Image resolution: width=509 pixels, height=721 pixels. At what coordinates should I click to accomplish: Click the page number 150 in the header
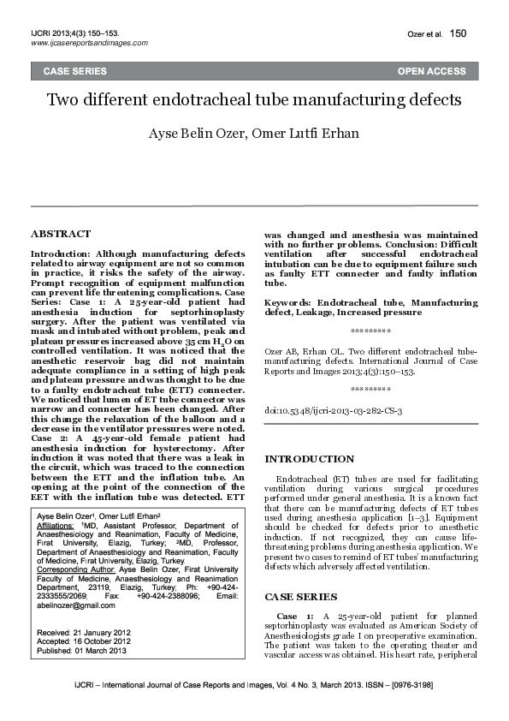tap(459, 33)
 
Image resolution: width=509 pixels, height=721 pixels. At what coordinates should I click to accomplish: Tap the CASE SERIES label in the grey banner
tap(75, 71)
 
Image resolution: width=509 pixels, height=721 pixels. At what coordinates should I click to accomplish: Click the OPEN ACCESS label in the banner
tap(431, 71)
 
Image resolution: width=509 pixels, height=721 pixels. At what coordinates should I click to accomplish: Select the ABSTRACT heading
tap(61, 234)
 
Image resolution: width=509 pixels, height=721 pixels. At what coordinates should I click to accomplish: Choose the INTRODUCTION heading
tap(309, 459)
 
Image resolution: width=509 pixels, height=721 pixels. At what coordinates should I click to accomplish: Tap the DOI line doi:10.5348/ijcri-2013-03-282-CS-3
tap(333, 411)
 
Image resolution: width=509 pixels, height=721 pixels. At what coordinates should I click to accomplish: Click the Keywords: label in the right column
tap(288, 303)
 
